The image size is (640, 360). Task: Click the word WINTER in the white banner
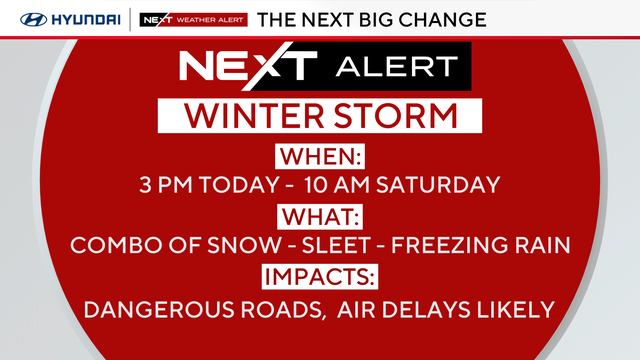tap(239, 117)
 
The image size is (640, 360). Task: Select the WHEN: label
tap(320, 157)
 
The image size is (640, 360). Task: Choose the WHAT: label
tap(320, 215)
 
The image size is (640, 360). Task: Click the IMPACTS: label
tap(320, 276)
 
